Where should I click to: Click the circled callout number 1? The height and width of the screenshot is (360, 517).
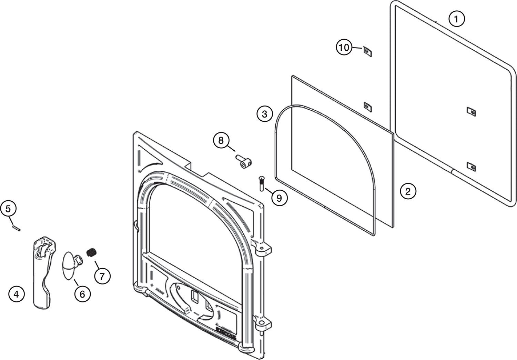point(456,19)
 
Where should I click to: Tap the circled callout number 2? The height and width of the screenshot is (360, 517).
point(408,191)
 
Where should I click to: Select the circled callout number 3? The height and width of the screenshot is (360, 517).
point(264,114)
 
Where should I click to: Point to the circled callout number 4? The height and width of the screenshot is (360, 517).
point(16,294)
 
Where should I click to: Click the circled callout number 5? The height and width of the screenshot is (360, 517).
point(8,208)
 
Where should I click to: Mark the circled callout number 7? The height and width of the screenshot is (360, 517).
point(102,276)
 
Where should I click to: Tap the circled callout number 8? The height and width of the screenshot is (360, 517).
point(221,140)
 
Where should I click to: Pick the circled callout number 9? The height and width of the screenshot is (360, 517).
point(279,198)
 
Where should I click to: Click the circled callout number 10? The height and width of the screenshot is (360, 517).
point(344,47)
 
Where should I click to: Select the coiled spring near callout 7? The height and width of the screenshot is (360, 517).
point(91,252)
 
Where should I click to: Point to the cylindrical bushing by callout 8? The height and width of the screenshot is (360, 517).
point(244,161)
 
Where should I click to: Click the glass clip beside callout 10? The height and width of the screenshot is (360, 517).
point(368,52)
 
